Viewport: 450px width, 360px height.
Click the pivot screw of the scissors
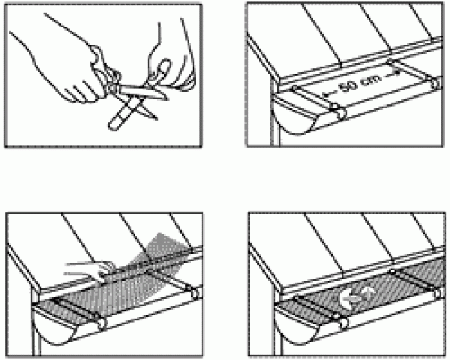pos(111,87)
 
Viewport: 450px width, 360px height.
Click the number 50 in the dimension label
pos(349,85)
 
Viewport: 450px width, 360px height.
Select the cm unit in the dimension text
pos(372,79)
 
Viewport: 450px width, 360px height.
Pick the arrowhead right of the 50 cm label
pos(396,72)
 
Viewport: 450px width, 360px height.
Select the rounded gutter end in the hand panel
pos(53,325)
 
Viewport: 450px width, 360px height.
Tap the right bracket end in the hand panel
pos(194,293)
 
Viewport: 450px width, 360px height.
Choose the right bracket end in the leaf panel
pos(438,293)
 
